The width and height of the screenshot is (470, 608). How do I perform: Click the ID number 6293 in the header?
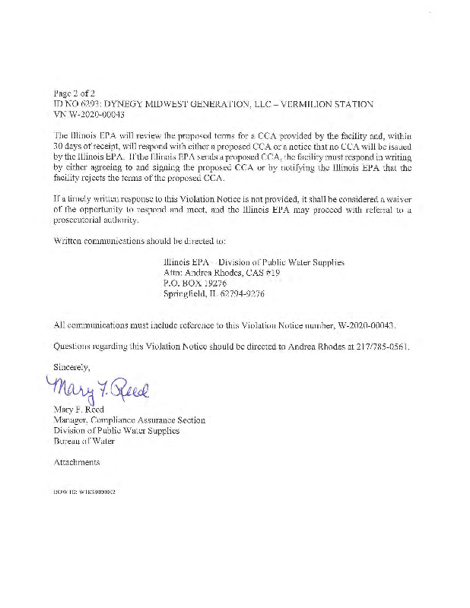coord(100,103)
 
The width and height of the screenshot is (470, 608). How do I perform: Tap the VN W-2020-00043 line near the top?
coord(89,114)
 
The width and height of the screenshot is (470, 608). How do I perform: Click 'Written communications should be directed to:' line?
coord(139,241)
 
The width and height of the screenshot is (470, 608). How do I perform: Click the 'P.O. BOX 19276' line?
coord(195,283)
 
